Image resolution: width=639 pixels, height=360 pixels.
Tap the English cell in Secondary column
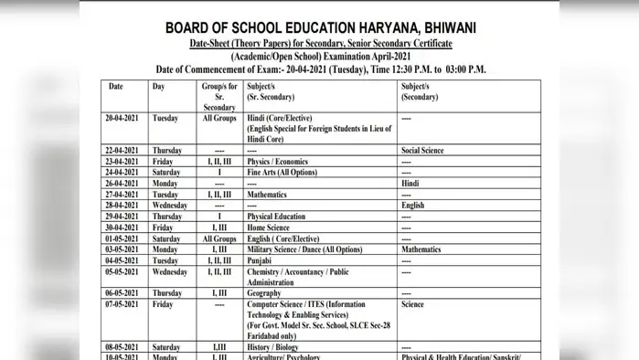coord(413,206)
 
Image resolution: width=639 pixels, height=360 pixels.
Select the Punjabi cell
coord(261,260)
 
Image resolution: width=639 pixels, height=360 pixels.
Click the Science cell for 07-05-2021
coord(413,304)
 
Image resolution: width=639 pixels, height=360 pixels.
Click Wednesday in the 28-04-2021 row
coord(170,206)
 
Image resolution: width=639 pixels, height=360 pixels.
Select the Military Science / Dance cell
coord(304,249)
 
